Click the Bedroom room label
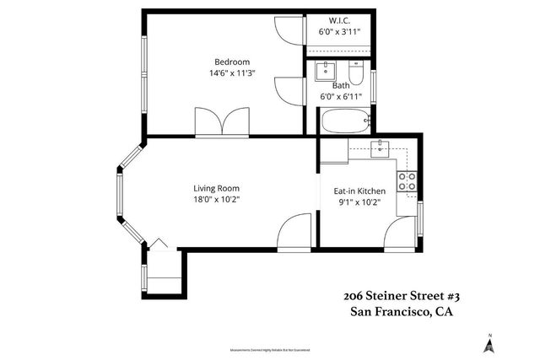(x=232, y=62)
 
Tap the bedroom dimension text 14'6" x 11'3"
(x=232, y=73)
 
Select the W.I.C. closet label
(x=338, y=20)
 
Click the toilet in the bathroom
(x=357, y=77)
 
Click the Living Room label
(x=217, y=188)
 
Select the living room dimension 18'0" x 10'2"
(x=217, y=200)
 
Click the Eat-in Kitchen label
(x=359, y=191)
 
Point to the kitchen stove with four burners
(x=408, y=179)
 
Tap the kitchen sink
(x=381, y=149)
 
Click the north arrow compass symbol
(x=488, y=342)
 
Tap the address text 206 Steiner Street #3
(x=401, y=296)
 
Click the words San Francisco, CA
(x=401, y=313)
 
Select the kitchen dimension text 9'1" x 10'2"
(x=359, y=202)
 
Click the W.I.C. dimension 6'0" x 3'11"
(x=339, y=32)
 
